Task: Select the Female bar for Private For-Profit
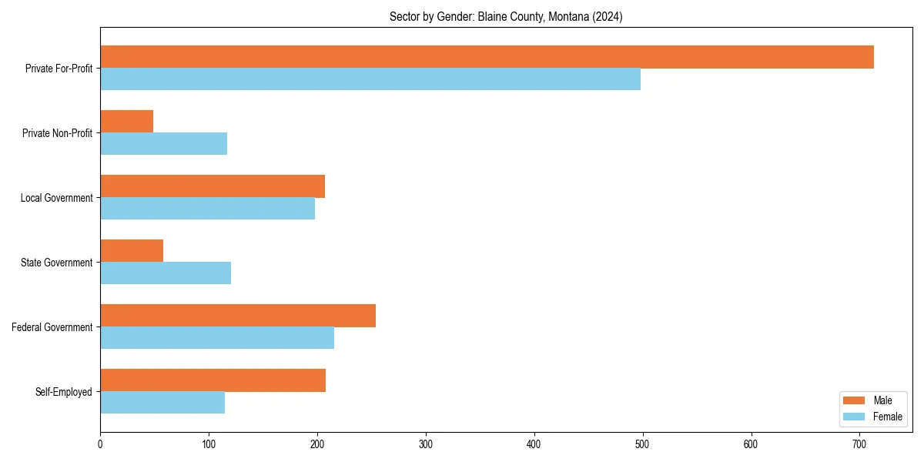[x=370, y=79]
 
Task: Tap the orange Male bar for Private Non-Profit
[x=126, y=122]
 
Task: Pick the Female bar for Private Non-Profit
[x=163, y=144]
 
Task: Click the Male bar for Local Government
[x=213, y=186]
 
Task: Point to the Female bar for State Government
[x=166, y=273]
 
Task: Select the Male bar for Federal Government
[x=238, y=316]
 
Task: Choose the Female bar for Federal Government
[x=217, y=338]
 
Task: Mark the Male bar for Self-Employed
[x=213, y=380]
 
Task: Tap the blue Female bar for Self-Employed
[x=162, y=403]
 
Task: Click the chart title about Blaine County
[x=506, y=16]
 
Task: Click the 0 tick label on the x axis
[x=100, y=444]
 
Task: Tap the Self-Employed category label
[x=63, y=392]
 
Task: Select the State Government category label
[x=56, y=263]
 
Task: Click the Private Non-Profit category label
[x=57, y=133]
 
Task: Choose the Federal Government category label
[x=52, y=327]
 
